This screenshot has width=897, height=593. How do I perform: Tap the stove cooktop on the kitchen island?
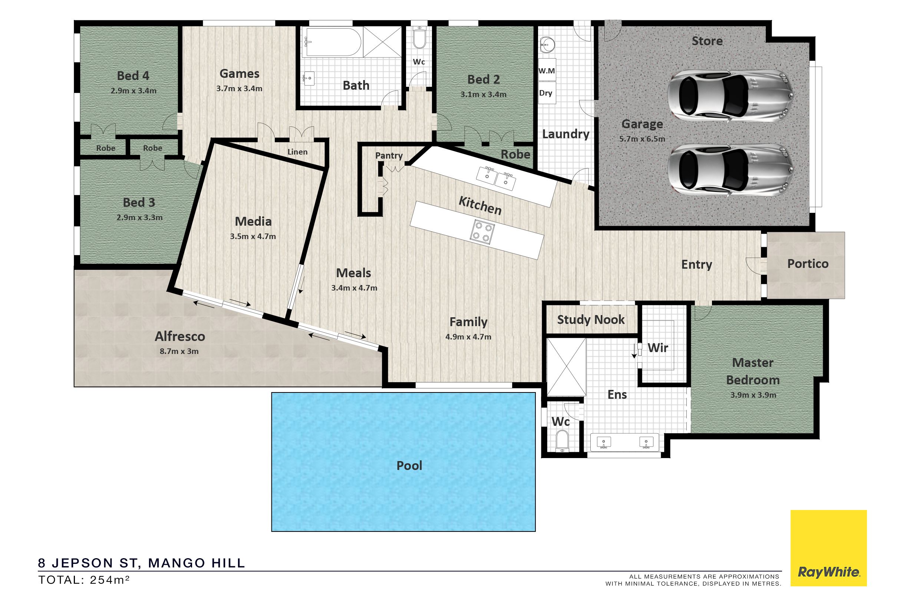point(482,232)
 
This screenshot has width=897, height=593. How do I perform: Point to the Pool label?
point(409,466)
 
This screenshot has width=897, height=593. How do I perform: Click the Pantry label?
point(389,155)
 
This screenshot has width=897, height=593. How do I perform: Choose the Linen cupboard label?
point(297,152)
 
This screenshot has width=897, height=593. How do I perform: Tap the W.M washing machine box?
point(547,70)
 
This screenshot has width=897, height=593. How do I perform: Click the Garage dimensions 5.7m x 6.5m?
point(642,139)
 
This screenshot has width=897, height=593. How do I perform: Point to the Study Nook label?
point(591,320)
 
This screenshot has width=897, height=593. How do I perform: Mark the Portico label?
point(808,264)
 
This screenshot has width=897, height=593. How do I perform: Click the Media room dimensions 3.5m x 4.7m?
point(253,236)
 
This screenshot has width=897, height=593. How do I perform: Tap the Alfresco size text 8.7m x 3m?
point(179,351)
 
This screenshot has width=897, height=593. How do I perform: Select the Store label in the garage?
point(707,41)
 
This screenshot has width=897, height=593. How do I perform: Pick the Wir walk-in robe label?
point(658,348)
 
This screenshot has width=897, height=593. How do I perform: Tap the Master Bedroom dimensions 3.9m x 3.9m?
point(753,395)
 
